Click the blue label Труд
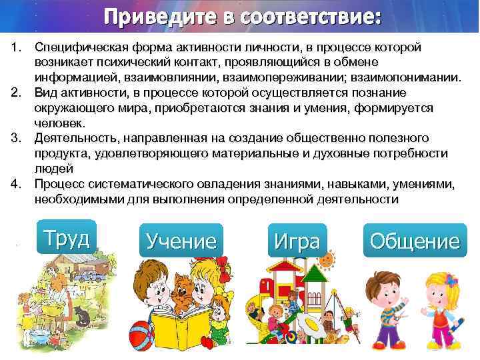(x=67, y=237)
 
